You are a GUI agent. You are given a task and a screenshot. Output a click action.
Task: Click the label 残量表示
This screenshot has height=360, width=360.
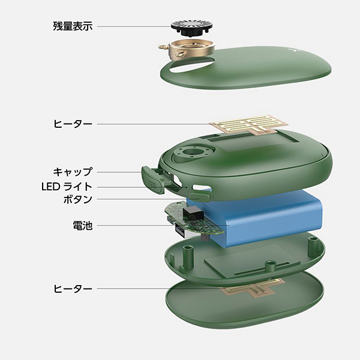(x=73, y=26)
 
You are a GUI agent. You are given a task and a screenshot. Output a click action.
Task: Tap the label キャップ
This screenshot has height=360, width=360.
(x=73, y=172)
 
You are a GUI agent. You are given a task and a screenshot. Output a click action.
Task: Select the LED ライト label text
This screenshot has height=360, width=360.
(x=67, y=187)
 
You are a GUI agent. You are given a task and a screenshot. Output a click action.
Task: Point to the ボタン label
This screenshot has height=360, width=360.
(x=78, y=199)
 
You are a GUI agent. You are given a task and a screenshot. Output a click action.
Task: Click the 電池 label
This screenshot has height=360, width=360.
(x=83, y=225)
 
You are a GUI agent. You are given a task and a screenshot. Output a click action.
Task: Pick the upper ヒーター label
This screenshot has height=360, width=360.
(x=73, y=124)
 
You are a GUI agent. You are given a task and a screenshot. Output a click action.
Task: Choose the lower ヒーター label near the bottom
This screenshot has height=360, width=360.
(x=73, y=289)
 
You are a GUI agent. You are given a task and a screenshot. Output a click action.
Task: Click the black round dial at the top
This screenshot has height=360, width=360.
(x=192, y=28)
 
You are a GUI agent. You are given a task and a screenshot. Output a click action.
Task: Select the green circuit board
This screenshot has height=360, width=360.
(x=194, y=219)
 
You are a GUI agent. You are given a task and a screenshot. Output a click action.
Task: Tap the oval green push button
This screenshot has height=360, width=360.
(x=200, y=197)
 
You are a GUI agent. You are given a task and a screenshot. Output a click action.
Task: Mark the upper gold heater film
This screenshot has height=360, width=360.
(x=248, y=125)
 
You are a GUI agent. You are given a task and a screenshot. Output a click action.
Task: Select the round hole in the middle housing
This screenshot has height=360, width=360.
(x=191, y=152)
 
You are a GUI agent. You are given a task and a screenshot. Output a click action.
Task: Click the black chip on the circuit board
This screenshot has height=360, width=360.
(x=193, y=212)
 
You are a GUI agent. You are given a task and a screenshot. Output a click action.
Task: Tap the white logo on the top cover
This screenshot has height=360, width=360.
(x=295, y=50)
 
